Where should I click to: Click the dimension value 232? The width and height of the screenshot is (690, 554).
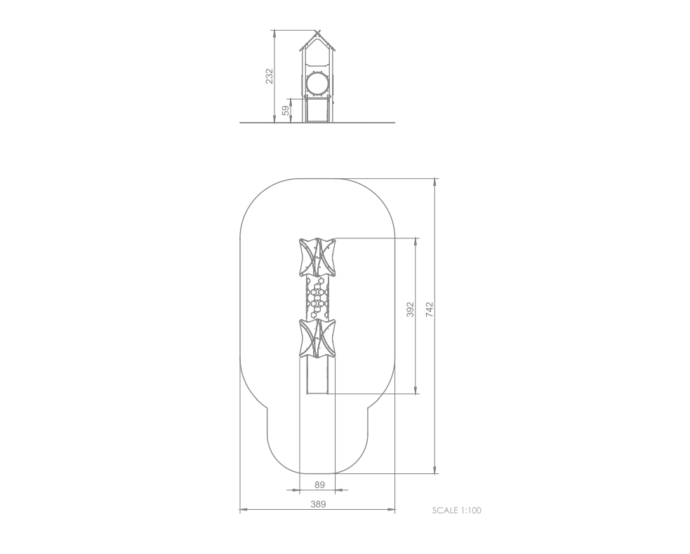click(270, 76)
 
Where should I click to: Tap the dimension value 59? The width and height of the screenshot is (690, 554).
click(286, 110)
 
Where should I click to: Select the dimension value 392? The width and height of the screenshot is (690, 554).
click(410, 309)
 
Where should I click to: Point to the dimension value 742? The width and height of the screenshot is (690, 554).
click(430, 309)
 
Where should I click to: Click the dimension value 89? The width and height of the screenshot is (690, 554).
click(319, 485)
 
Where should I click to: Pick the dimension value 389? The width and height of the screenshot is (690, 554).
click(318, 504)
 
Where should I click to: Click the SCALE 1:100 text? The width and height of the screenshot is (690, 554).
click(457, 511)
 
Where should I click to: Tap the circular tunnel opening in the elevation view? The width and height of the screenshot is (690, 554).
click(317, 83)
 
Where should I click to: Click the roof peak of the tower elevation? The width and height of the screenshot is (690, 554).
click(317, 32)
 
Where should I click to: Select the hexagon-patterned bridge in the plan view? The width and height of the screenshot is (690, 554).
click(317, 297)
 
